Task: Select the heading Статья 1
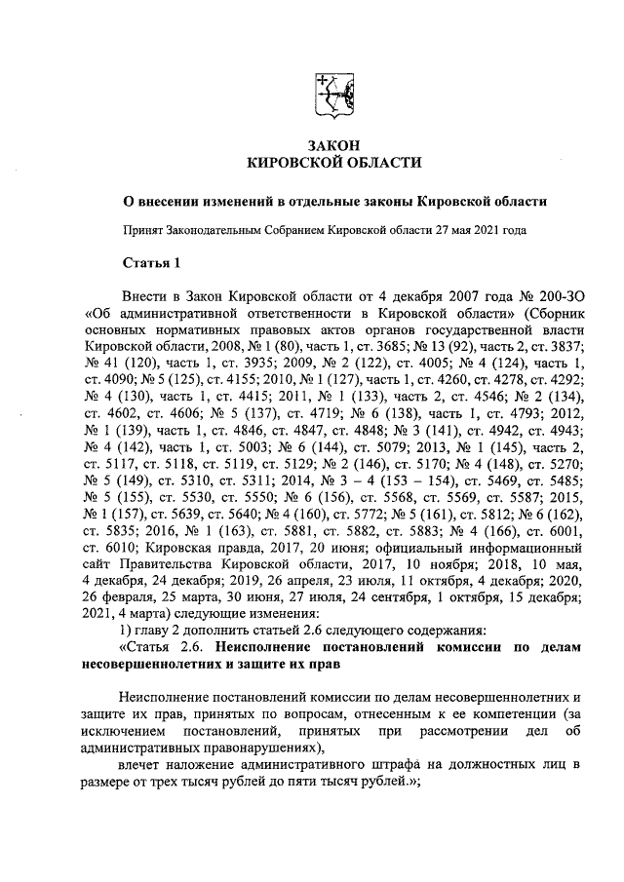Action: click(150, 262)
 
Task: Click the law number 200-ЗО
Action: click(558, 295)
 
